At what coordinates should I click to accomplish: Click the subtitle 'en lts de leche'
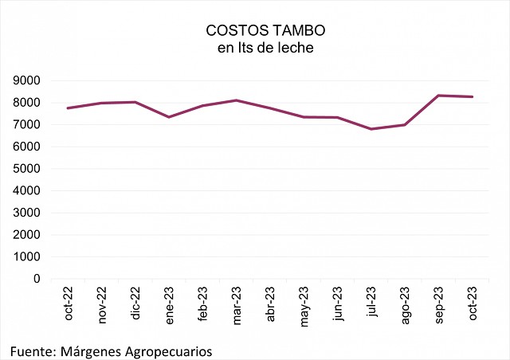pos(254,48)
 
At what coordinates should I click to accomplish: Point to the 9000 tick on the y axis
pos(26,80)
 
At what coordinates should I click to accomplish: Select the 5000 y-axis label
pos(26,169)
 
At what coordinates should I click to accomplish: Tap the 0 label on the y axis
pos(37,279)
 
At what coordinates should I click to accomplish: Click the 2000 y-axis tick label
pos(26,235)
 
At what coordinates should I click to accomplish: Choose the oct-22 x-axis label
pos(69,304)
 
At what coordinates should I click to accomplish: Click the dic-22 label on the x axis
pos(135,304)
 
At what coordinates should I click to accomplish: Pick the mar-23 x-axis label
pos(236,304)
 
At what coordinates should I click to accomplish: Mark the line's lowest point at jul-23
pos(371,129)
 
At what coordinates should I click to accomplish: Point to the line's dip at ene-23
pos(169,117)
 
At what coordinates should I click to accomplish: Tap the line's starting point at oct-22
pos(69,108)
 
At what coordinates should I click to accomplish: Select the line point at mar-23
pos(236,100)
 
